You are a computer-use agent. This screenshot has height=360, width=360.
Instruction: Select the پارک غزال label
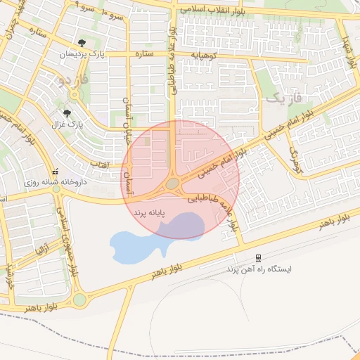(67, 124)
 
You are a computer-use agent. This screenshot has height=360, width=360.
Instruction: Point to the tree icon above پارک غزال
(67, 113)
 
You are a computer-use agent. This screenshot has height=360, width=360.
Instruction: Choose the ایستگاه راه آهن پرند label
(258, 269)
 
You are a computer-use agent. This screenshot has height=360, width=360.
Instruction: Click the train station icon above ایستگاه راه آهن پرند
(259, 257)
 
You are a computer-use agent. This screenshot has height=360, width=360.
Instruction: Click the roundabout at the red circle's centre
(173, 184)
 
